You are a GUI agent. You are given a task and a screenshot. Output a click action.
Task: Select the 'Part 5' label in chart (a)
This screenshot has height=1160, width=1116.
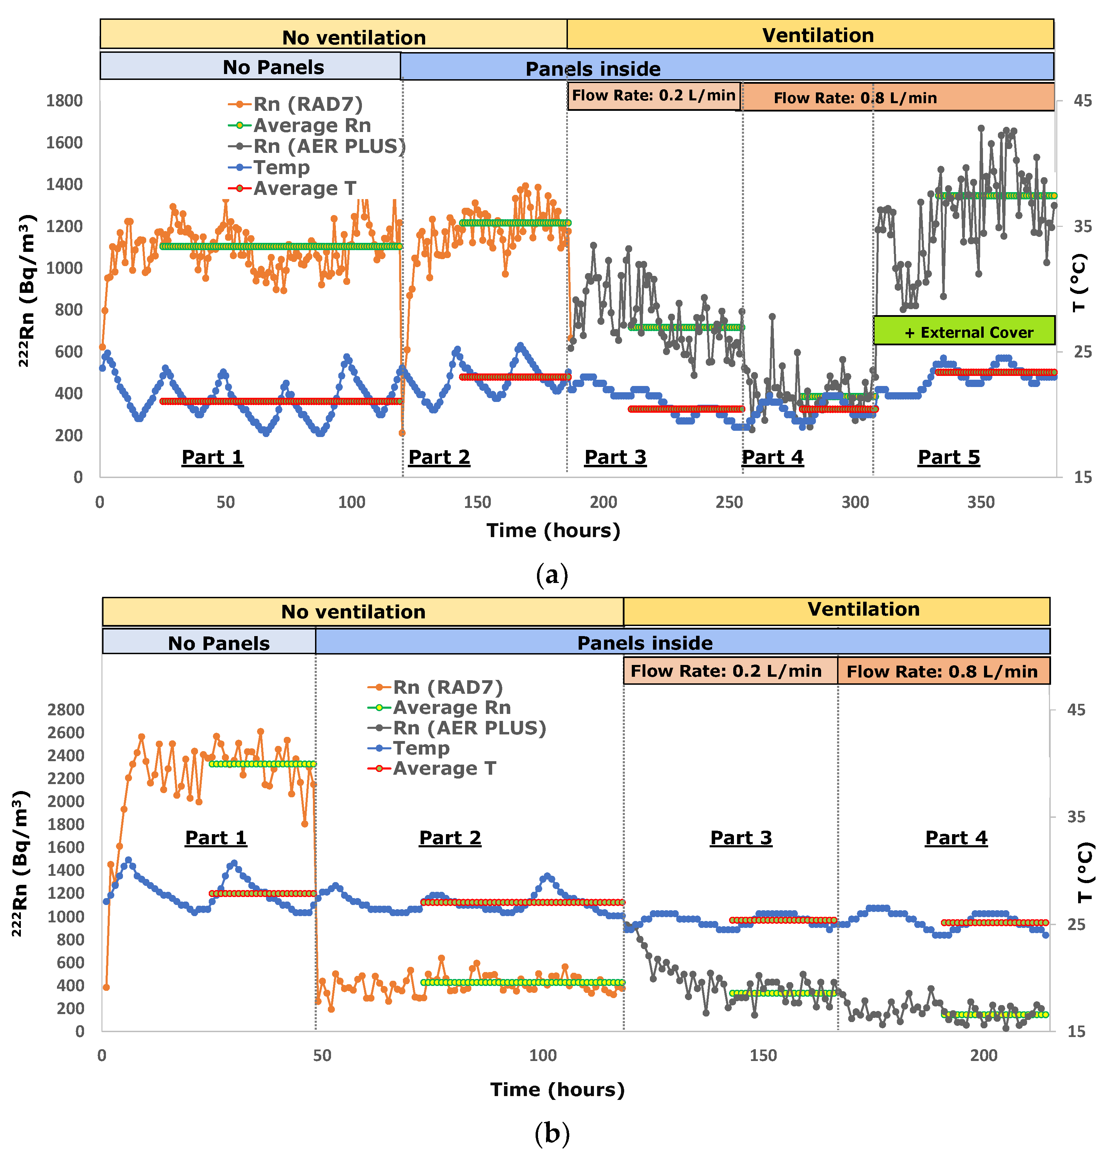(949, 457)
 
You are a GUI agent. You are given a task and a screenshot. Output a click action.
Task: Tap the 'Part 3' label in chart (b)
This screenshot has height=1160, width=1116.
(741, 838)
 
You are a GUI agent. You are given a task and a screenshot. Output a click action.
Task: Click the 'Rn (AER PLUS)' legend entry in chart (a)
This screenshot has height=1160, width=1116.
(329, 146)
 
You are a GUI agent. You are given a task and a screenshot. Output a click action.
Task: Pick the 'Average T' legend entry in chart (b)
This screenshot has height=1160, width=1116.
(444, 768)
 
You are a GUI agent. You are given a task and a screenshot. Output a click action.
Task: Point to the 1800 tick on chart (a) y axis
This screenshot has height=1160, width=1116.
(65, 101)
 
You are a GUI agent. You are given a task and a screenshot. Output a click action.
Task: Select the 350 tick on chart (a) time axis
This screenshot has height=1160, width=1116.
(981, 502)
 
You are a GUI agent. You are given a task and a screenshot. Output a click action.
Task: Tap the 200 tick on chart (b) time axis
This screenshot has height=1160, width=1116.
(983, 1055)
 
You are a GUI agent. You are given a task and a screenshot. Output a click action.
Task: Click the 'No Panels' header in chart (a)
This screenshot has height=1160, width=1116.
(273, 67)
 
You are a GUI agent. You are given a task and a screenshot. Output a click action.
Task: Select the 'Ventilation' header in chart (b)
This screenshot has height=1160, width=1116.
(863, 610)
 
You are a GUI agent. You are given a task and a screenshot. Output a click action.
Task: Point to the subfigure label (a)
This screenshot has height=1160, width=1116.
(552, 574)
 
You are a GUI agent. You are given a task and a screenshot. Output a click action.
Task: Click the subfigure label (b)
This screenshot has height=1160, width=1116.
(552, 1133)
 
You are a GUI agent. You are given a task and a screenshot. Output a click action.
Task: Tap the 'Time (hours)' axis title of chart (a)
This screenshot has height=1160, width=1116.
(553, 530)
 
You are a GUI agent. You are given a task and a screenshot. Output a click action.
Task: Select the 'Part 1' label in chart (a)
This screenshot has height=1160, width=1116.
(212, 457)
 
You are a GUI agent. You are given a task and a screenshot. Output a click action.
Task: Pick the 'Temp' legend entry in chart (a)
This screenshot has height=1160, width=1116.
(281, 167)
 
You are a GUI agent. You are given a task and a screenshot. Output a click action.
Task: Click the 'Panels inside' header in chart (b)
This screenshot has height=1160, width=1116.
(645, 643)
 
